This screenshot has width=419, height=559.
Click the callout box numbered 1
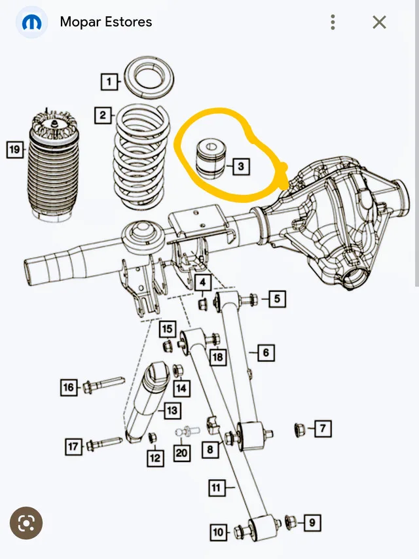pos(109,82)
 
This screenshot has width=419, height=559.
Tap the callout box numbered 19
pos(14,150)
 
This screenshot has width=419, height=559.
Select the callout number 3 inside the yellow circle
pos(240,167)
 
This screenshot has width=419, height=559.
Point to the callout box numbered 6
pos(265,353)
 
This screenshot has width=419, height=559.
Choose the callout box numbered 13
pos(172,410)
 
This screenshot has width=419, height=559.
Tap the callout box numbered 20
pos(181,452)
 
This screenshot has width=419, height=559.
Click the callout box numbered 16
pos(68,388)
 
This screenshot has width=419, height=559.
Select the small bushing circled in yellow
pos(211,158)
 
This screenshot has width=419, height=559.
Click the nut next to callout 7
pos(299,429)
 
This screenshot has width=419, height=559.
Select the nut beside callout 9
pos(292,522)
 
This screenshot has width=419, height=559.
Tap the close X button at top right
pos(379,22)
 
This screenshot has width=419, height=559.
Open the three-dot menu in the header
pos(333,22)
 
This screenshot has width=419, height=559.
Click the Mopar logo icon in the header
pos(31,22)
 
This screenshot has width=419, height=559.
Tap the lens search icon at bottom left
pos(26,523)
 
